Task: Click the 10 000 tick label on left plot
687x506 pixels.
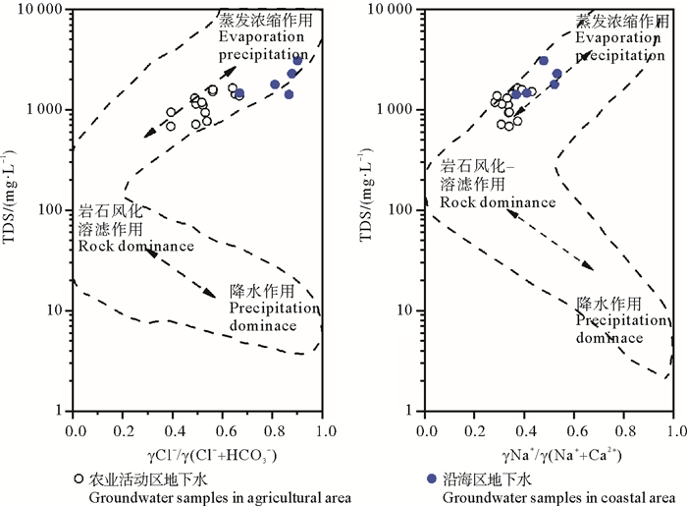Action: click(x=39, y=10)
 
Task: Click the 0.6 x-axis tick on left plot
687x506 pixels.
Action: click(x=223, y=430)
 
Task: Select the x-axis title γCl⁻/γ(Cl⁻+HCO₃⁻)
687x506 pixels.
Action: click(x=209, y=455)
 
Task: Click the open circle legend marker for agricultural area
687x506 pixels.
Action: click(x=78, y=479)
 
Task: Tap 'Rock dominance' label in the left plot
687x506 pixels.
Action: click(x=136, y=246)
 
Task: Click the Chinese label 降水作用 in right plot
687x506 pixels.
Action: click(x=608, y=303)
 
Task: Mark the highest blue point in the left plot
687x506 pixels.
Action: click(x=297, y=60)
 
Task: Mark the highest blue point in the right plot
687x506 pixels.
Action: click(x=543, y=61)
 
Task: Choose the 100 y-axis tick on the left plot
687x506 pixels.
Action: click(x=53, y=210)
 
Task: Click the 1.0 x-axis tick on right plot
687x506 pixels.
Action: click(x=672, y=430)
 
